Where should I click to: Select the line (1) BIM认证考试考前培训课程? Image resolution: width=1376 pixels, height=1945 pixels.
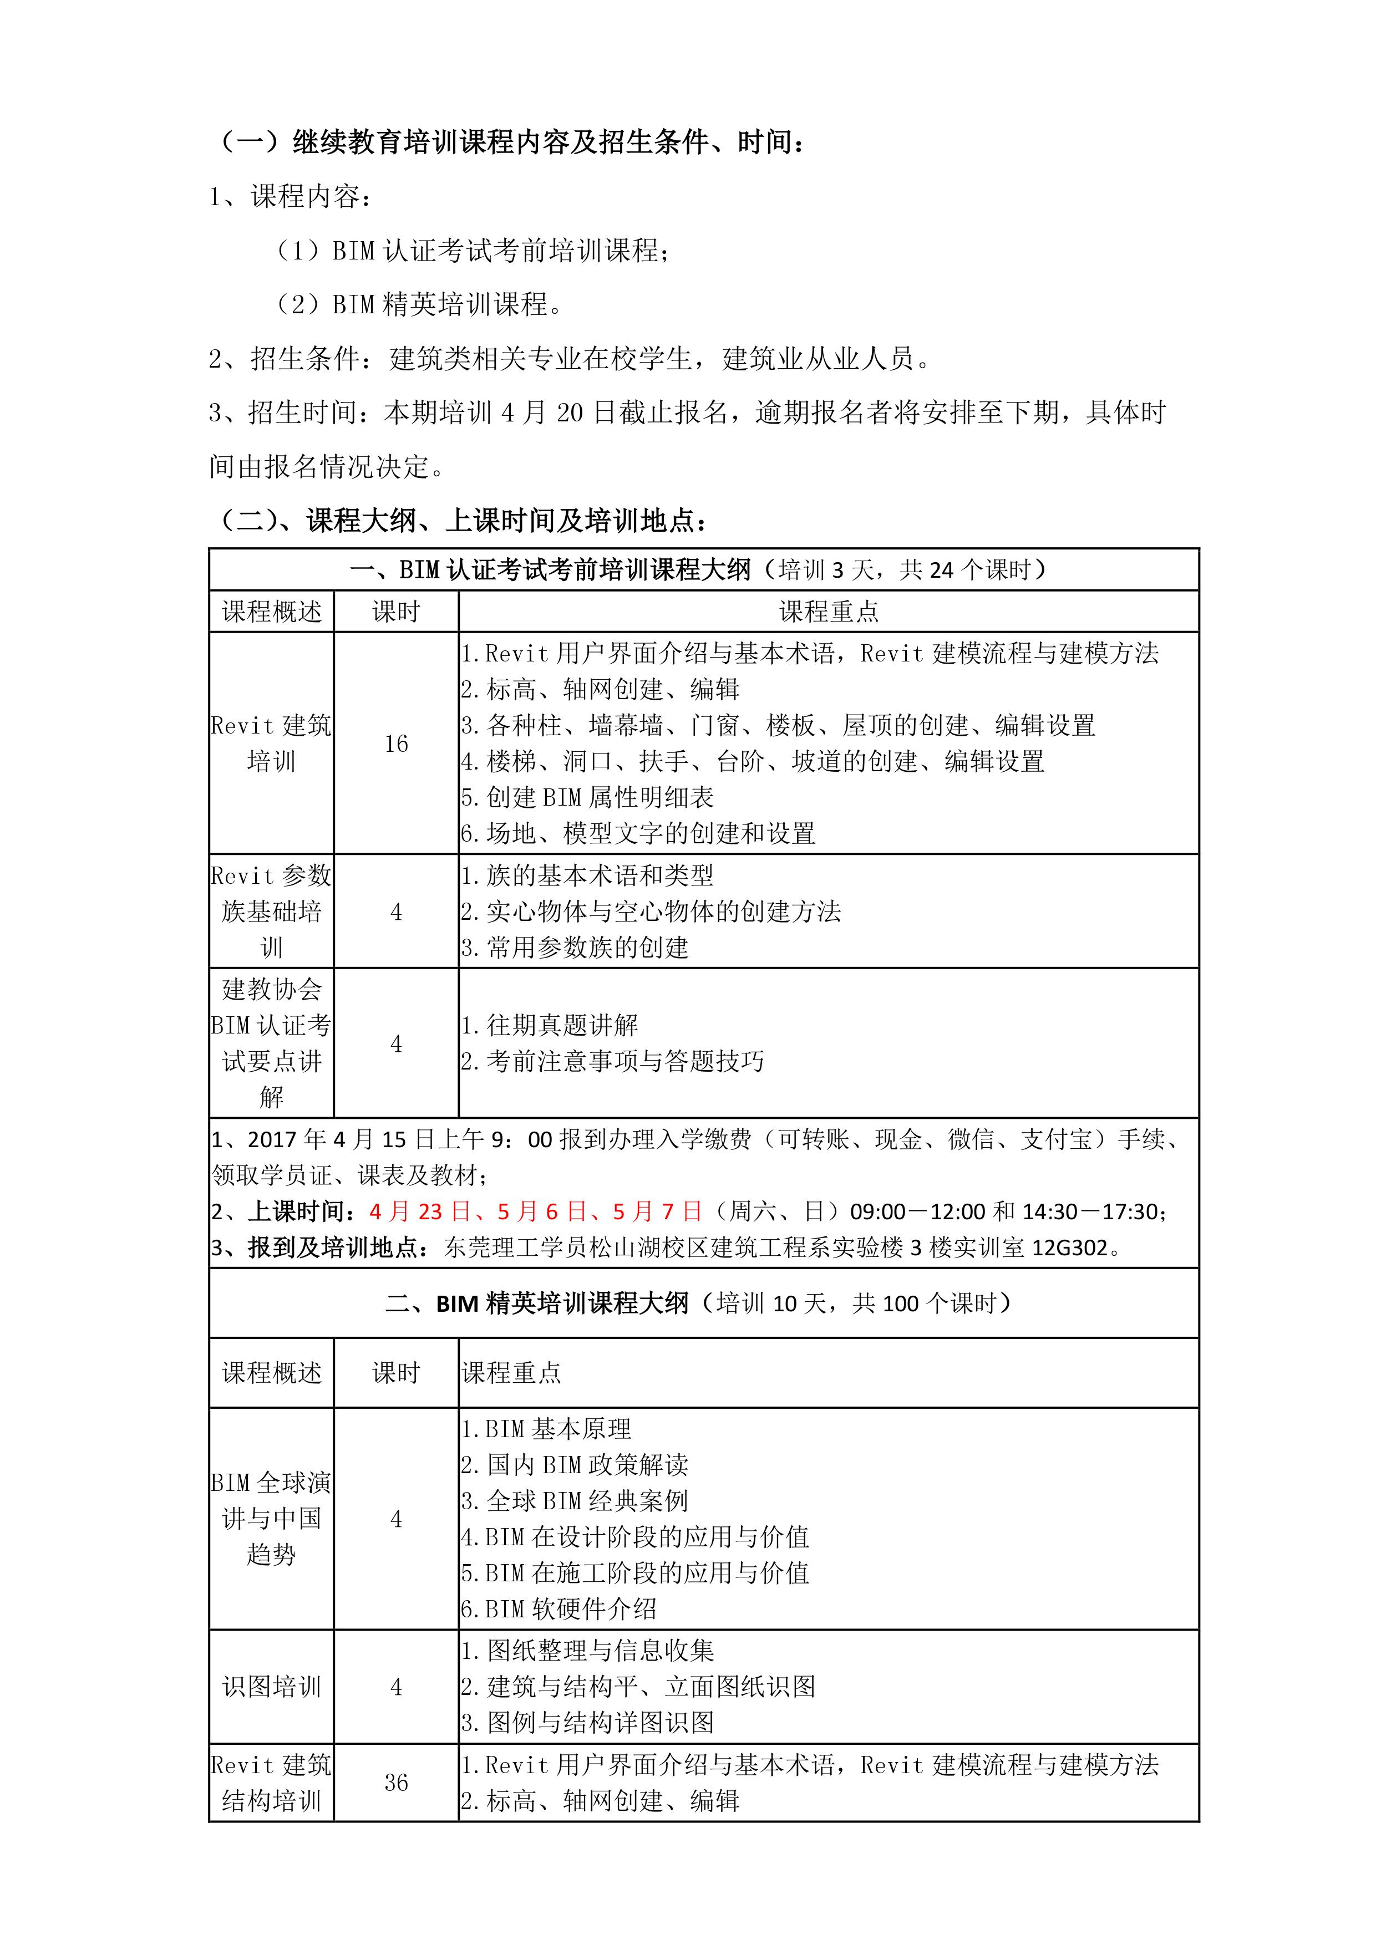[475, 251]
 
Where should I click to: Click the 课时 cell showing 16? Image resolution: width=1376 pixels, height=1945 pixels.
[395, 744]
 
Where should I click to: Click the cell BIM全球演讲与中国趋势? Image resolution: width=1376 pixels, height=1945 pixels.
[271, 1519]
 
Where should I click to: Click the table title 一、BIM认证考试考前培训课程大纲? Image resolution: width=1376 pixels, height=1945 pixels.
[551, 570]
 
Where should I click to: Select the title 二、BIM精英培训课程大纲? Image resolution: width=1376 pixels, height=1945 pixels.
[537, 1304]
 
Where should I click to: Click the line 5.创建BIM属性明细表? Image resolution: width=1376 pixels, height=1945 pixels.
[588, 797]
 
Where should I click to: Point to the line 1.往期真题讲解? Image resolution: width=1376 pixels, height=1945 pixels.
[550, 1025]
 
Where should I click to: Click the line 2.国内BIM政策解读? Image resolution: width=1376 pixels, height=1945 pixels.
[575, 1465]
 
